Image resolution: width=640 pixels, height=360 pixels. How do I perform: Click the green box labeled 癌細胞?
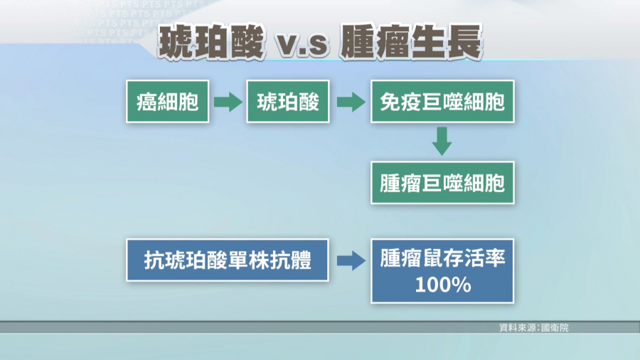click(167, 102)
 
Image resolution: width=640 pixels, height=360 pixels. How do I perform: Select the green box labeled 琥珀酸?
click(288, 102)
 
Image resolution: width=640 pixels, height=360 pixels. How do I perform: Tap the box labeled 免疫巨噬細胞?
click(442, 102)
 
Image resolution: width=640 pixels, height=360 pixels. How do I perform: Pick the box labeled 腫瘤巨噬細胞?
click(442, 183)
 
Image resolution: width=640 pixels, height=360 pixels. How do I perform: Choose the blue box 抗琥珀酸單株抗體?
click(228, 260)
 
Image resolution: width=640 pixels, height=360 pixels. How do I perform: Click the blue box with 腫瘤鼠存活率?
click(442, 271)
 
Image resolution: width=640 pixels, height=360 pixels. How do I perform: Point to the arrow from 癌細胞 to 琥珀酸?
click(228, 102)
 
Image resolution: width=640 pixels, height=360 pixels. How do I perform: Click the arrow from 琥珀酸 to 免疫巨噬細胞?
click(351, 102)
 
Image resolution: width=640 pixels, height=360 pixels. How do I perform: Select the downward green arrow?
click(442, 141)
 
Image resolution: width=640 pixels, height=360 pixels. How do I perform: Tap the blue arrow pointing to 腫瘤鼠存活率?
click(351, 260)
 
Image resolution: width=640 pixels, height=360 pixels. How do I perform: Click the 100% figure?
click(443, 285)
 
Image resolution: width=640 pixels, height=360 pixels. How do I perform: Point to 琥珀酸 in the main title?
click(212, 43)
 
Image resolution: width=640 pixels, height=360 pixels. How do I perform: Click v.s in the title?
click(302, 45)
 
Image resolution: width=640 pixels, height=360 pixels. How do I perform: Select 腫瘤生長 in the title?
click(412, 42)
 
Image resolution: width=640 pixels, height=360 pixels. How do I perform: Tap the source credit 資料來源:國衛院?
click(534, 327)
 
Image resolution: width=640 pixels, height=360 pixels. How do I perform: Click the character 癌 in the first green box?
click(147, 102)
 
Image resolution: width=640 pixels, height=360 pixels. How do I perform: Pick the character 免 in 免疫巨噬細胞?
click(390, 102)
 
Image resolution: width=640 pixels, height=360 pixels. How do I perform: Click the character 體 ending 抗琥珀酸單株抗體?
click(301, 260)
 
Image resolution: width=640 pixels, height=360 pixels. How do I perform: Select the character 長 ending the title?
click(465, 42)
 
